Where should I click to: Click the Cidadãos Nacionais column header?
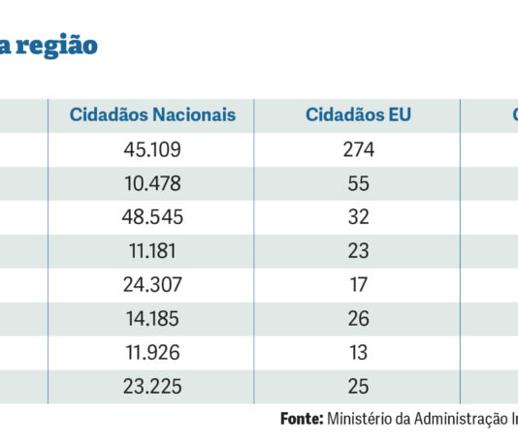(x=152, y=114)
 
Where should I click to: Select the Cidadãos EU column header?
(x=359, y=114)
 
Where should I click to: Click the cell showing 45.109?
(x=152, y=149)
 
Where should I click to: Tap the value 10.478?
(x=152, y=183)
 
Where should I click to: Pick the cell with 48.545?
(x=152, y=217)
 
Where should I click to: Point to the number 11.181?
(x=152, y=251)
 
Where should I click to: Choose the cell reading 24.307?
(x=152, y=284)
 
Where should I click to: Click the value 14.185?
(x=152, y=319)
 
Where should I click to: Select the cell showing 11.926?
(x=152, y=352)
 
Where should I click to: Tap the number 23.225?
(x=152, y=386)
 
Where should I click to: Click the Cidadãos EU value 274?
(x=359, y=149)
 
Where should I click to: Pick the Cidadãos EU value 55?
(x=359, y=183)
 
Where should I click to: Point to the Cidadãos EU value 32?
(x=359, y=217)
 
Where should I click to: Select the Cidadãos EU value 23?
(x=359, y=251)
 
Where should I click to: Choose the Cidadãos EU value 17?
(x=359, y=284)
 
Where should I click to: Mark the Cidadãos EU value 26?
(x=359, y=319)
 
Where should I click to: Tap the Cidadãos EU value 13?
(x=359, y=352)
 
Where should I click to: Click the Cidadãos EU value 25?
(x=359, y=386)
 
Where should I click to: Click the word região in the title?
(x=56, y=47)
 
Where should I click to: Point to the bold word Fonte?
(x=302, y=419)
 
